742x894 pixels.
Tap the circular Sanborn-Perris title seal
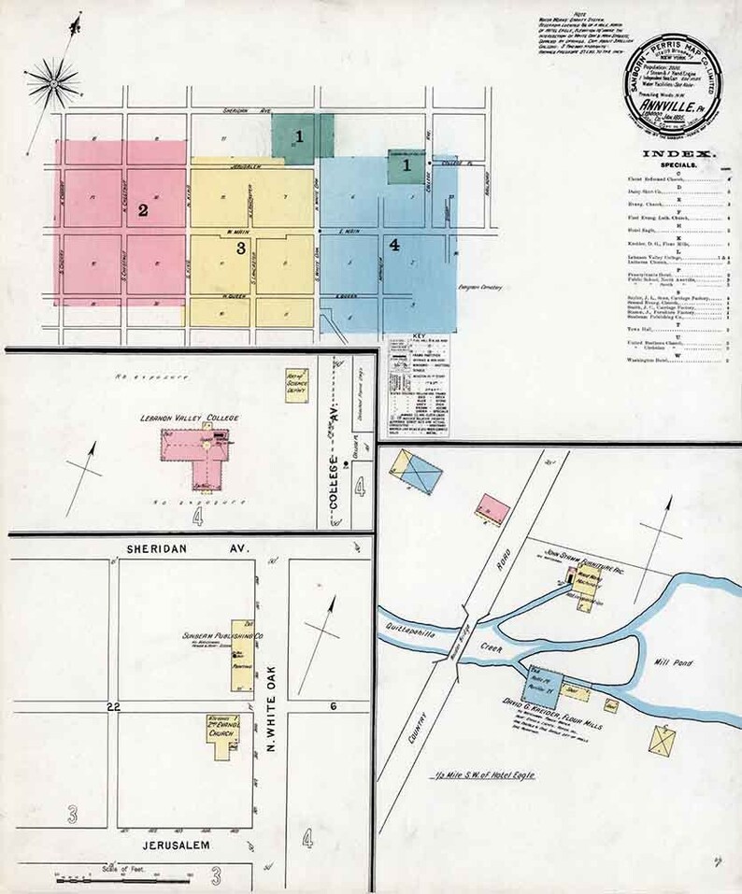[x=667, y=92]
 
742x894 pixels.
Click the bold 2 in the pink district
[x=143, y=210]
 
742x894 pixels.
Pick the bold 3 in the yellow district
[x=240, y=248]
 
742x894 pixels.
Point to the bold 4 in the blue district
[x=394, y=245]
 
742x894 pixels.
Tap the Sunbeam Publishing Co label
[x=225, y=636]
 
